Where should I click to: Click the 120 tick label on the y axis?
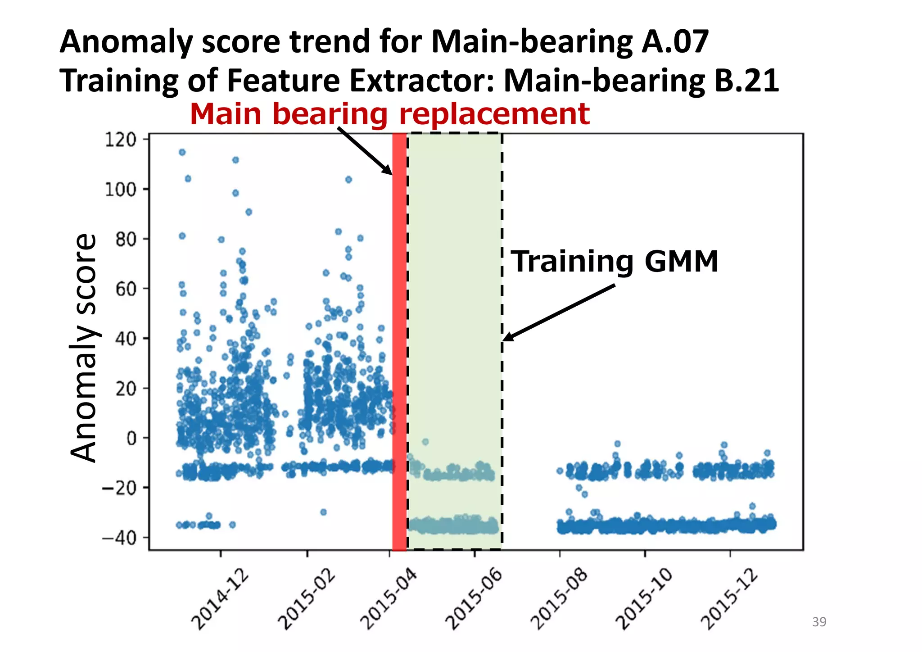[120, 140]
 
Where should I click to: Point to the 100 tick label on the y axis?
[120, 190]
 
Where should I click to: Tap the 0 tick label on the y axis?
[131, 438]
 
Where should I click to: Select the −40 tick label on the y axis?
[119, 538]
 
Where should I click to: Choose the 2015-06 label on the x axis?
[474, 599]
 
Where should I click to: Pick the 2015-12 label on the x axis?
[729, 599]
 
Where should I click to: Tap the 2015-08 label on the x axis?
[559, 599]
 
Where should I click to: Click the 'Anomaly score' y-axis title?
[83, 348]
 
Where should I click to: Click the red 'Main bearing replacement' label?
[389, 113]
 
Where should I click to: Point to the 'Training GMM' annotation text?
[614, 262]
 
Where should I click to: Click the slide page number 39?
[819, 622]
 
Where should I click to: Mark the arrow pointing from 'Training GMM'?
[558, 312]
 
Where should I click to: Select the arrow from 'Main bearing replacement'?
[365, 151]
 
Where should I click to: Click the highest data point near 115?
[182, 152]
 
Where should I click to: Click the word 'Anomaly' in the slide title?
[126, 41]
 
